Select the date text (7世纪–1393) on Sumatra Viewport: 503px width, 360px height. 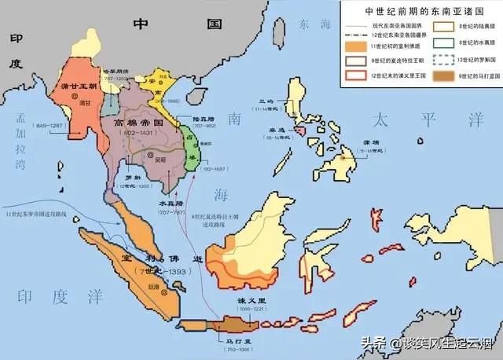(x=147, y=272)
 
